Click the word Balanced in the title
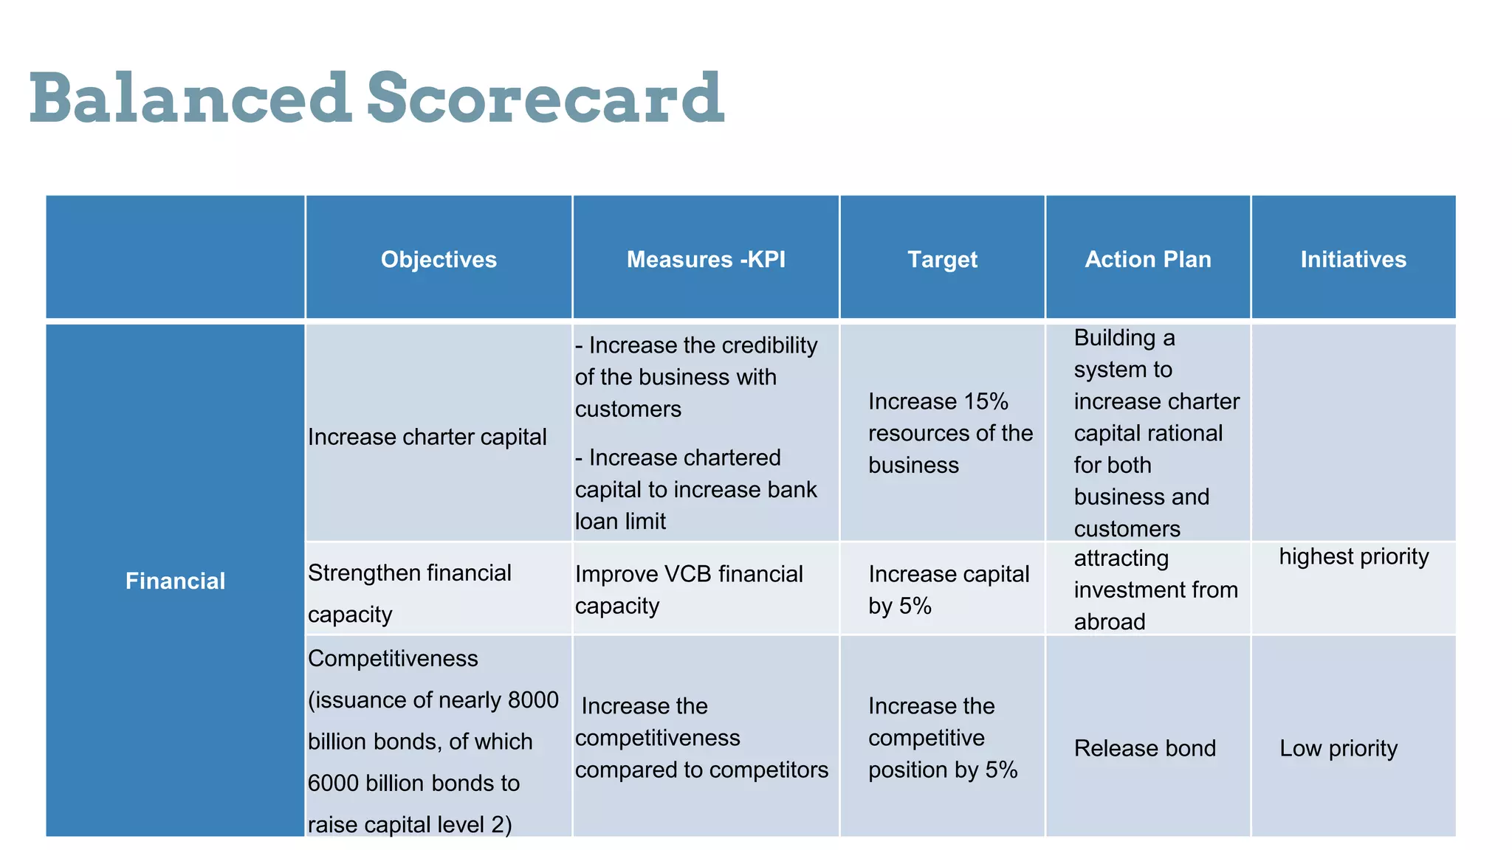[x=190, y=98]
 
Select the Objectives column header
[x=439, y=260]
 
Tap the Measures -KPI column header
[x=706, y=260]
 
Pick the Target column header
[x=942, y=260]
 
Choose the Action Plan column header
[x=1147, y=260]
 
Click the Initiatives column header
[x=1353, y=260]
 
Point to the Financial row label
[x=175, y=581]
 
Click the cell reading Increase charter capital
[x=427, y=437]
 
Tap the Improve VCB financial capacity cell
[x=688, y=590]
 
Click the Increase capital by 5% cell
[x=948, y=590]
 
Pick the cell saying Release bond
[x=1144, y=748]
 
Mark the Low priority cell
[x=1338, y=748]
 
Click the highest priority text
[x=1353, y=556]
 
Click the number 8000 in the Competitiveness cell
[x=533, y=699]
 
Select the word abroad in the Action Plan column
[x=1109, y=622]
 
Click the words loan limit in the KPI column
[x=620, y=522]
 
